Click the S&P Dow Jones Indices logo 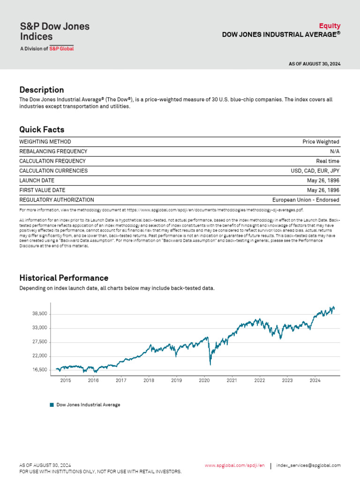54,35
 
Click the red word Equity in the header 330,26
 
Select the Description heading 41,90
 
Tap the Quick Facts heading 42,129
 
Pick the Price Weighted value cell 321,142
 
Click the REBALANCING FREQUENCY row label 53,151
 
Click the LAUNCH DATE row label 37,180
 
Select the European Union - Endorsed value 306,200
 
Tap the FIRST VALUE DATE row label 42,190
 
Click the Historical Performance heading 64,278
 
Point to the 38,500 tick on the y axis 40,314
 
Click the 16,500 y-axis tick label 40,370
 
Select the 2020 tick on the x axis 204,381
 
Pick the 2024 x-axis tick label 315,381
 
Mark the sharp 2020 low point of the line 210,364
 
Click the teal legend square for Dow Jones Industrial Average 52,405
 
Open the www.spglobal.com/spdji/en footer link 234,465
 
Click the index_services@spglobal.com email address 308,465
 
